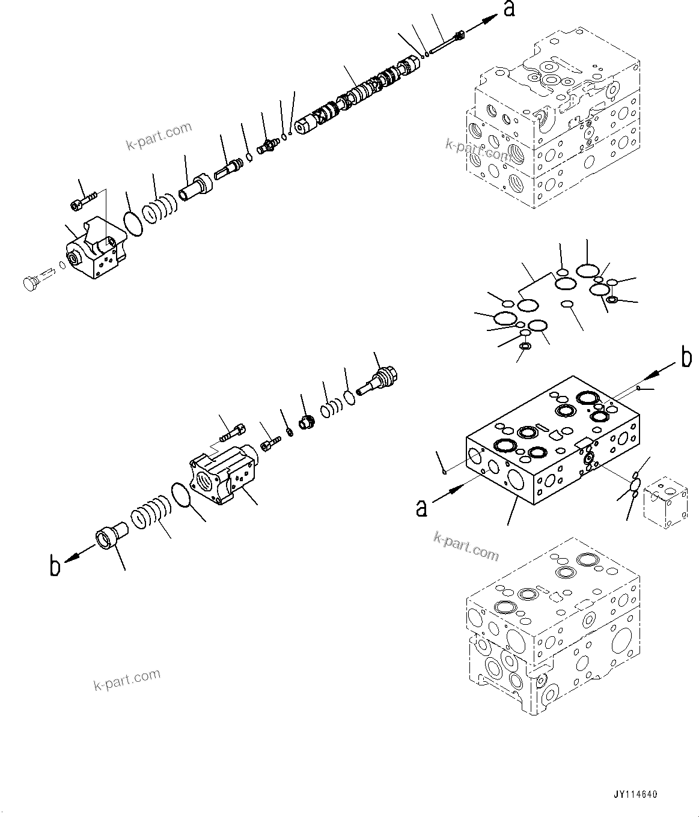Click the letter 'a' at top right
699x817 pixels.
pos(509,10)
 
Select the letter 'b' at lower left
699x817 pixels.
pos(55,566)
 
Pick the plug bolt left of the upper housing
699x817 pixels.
pos(30,282)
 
